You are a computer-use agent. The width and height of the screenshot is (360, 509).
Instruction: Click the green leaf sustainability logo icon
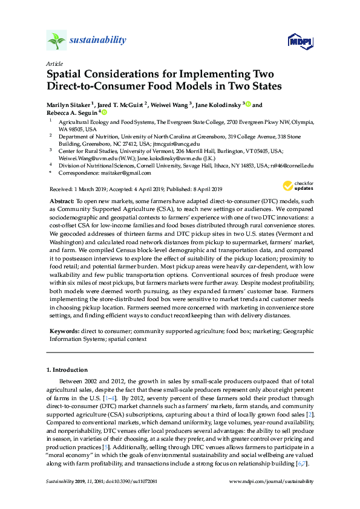point(56,41)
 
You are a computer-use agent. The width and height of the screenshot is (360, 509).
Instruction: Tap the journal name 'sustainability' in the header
point(98,41)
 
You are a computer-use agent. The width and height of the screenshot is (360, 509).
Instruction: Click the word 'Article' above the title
point(53,63)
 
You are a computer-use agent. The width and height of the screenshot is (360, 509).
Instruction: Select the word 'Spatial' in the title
point(67,75)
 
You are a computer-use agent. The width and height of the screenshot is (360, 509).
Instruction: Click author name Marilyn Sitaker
point(68,105)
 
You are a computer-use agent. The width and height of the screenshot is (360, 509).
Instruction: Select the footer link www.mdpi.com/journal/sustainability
point(272,482)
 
